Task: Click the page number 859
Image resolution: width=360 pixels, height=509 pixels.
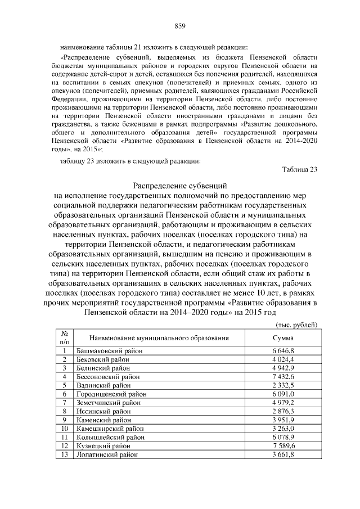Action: [180, 25]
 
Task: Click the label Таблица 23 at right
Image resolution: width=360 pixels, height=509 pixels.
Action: [299, 171]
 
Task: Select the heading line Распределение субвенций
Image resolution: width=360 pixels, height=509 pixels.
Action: [179, 185]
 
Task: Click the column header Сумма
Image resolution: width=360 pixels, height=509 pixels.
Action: [283, 338]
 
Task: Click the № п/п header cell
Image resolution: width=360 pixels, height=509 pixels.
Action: [65, 337]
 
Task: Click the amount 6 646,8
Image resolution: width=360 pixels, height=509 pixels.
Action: [283, 351]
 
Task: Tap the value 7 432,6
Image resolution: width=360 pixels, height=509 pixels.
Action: [283, 376]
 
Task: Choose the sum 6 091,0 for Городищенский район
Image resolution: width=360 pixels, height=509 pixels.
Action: [283, 394]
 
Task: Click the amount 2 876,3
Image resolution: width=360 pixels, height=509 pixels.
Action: [283, 411]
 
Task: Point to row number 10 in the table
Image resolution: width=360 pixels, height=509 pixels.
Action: [65, 428]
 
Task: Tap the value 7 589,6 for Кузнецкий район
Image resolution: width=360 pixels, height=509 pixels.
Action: [283, 445]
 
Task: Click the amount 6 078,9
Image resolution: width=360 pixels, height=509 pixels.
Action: [283, 437]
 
